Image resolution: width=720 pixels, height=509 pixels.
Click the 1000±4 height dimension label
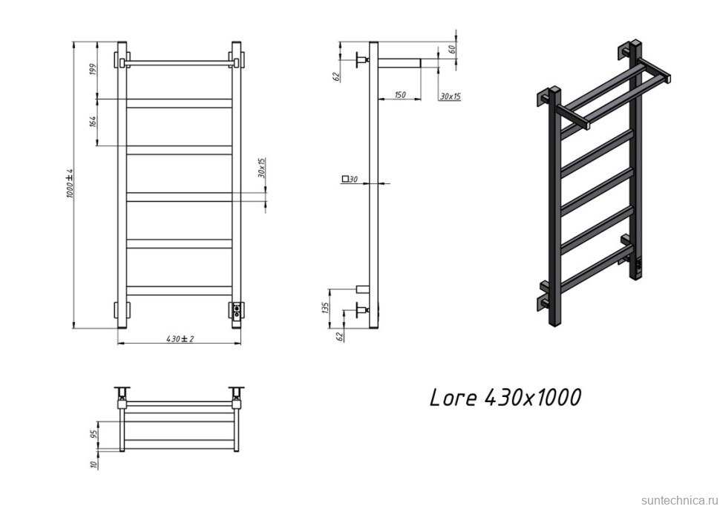(71, 183)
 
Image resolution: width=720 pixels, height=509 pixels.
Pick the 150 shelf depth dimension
(399, 95)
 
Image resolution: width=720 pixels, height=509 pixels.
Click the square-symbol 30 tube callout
(350, 179)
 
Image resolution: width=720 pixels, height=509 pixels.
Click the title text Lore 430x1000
(505, 398)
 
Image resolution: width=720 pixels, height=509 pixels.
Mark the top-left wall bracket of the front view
(120, 59)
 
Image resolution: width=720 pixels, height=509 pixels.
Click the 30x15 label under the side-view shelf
(450, 96)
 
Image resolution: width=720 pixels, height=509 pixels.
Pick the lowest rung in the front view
(180, 290)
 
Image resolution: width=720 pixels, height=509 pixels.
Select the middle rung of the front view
(180, 196)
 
